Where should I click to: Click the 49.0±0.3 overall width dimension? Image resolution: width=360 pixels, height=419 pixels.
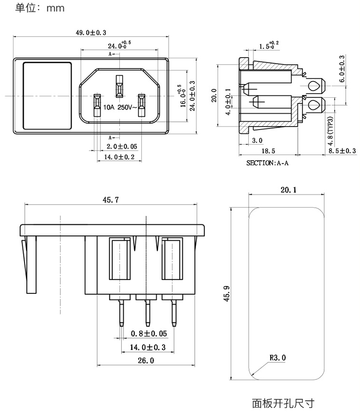91,33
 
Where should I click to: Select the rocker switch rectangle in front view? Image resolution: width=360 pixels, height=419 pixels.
47,96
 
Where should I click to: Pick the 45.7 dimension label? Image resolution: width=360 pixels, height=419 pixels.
110,200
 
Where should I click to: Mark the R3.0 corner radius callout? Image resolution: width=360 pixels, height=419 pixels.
277,358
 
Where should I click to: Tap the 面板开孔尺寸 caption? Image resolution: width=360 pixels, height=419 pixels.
283,403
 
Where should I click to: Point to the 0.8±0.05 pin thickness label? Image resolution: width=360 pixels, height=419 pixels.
149,333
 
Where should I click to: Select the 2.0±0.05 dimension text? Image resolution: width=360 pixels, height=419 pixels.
121,146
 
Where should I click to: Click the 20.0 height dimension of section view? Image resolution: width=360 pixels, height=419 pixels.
214,95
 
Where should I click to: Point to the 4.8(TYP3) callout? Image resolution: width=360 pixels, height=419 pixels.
330,131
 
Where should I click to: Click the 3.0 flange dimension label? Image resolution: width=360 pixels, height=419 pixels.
257,140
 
